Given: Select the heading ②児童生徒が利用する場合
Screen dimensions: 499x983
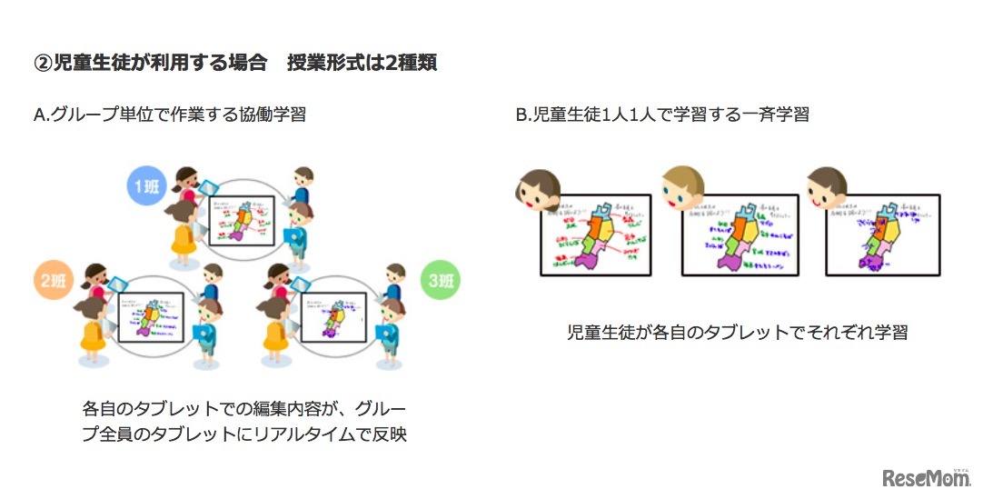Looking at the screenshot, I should [150, 63].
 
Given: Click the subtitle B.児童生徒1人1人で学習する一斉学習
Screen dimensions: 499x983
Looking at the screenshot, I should [662, 115].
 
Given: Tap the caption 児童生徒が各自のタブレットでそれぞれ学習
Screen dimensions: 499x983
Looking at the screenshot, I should [737, 332].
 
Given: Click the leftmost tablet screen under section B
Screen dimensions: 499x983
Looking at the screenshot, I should [596, 235].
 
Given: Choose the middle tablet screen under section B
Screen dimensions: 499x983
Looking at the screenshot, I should [740, 235].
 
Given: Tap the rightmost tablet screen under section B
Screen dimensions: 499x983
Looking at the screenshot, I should [882, 235].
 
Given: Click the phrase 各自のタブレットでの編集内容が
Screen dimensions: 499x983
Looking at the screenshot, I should [214, 407].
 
